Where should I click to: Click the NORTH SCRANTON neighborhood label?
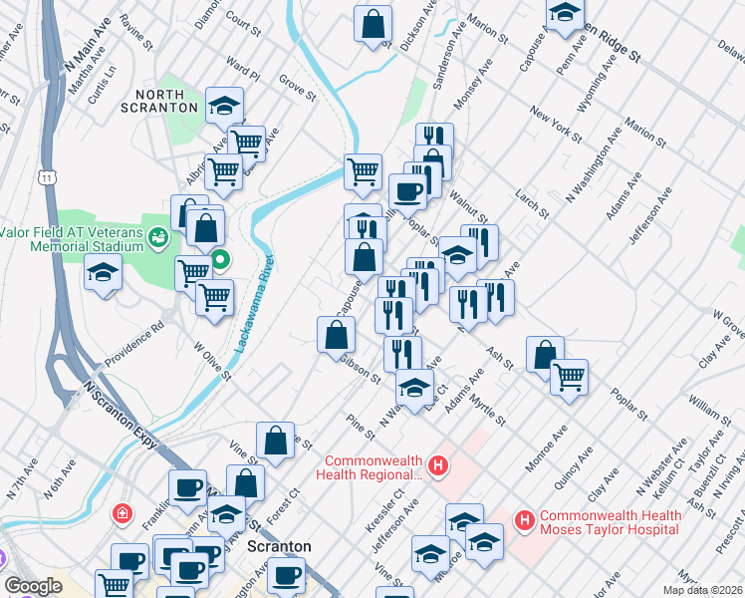click(x=161, y=100)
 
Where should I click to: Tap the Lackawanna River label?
click(x=255, y=300)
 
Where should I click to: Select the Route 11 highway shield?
click(x=48, y=177)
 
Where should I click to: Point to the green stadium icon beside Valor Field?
click(x=158, y=236)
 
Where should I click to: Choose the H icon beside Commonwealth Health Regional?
click(x=436, y=464)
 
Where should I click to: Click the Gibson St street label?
click(x=361, y=369)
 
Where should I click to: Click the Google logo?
click(x=33, y=586)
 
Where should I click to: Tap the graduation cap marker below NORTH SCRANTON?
click(x=224, y=104)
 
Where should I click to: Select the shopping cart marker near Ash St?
click(x=569, y=375)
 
